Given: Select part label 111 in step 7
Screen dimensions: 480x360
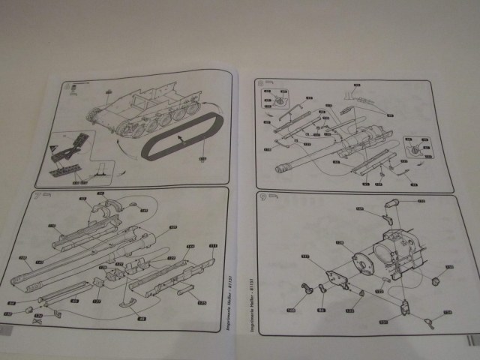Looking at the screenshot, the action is coord(212,245).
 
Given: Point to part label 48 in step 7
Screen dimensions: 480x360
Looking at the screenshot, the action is coord(140,319).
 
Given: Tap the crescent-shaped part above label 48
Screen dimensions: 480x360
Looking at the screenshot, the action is coord(127,303).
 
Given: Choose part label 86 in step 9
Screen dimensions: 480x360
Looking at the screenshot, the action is coord(320,309).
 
